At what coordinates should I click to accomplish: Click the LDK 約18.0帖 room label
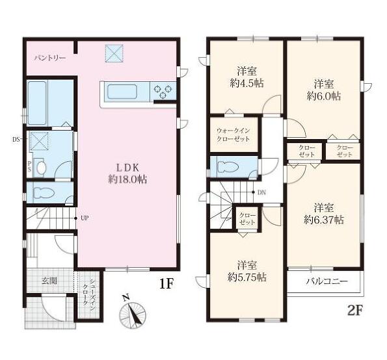pos(127,174)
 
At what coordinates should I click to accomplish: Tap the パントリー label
pos(50,58)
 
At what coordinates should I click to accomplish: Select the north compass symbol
pos(132,312)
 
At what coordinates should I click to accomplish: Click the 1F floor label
pos(167,284)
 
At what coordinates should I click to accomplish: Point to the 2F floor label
pos(354,311)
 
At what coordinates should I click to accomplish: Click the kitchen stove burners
pos(163,91)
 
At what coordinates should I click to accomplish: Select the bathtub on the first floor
pos(37,103)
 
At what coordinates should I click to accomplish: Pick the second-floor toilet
pos(228,166)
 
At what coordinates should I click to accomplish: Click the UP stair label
pos(85,218)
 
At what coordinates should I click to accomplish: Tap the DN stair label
pos(261,192)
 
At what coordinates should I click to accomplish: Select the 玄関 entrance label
pos(49,281)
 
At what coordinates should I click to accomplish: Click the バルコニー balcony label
pos(327,281)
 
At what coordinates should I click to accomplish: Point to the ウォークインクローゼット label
pos(234,135)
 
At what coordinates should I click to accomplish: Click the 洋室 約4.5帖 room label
pos(247,77)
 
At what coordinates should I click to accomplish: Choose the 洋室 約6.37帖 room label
pos(324,214)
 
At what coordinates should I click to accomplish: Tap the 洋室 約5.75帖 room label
pos(247,271)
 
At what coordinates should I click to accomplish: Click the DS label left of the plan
pos(16,140)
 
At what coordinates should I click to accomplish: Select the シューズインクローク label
pos(88,292)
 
